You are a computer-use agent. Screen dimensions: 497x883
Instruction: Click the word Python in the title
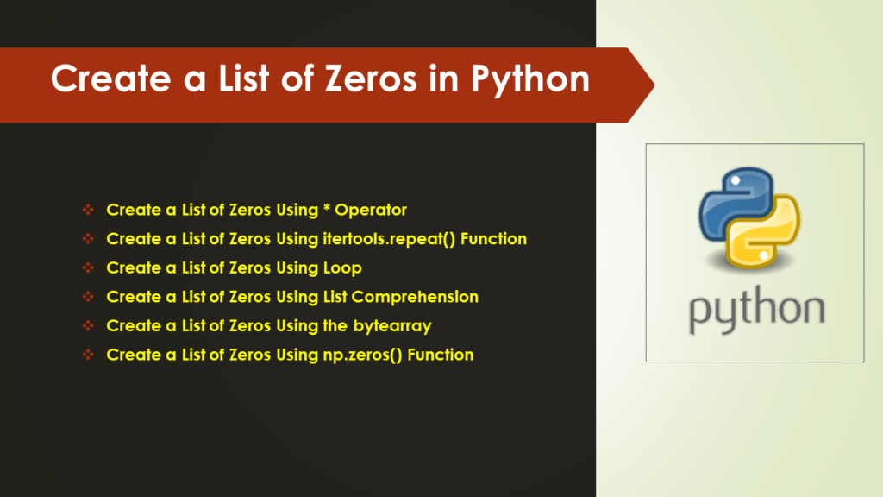pyautogui.click(x=529, y=79)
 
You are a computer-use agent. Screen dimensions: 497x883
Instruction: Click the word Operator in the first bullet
pyautogui.click(x=371, y=210)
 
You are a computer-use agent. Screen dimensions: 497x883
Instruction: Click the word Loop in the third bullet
pyautogui.click(x=342, y=268)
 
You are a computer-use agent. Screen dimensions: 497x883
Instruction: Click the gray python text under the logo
pyautogui.click(x=755, y=310)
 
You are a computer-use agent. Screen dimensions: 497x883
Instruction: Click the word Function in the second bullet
pyautogui.click(x=494, y=239)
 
